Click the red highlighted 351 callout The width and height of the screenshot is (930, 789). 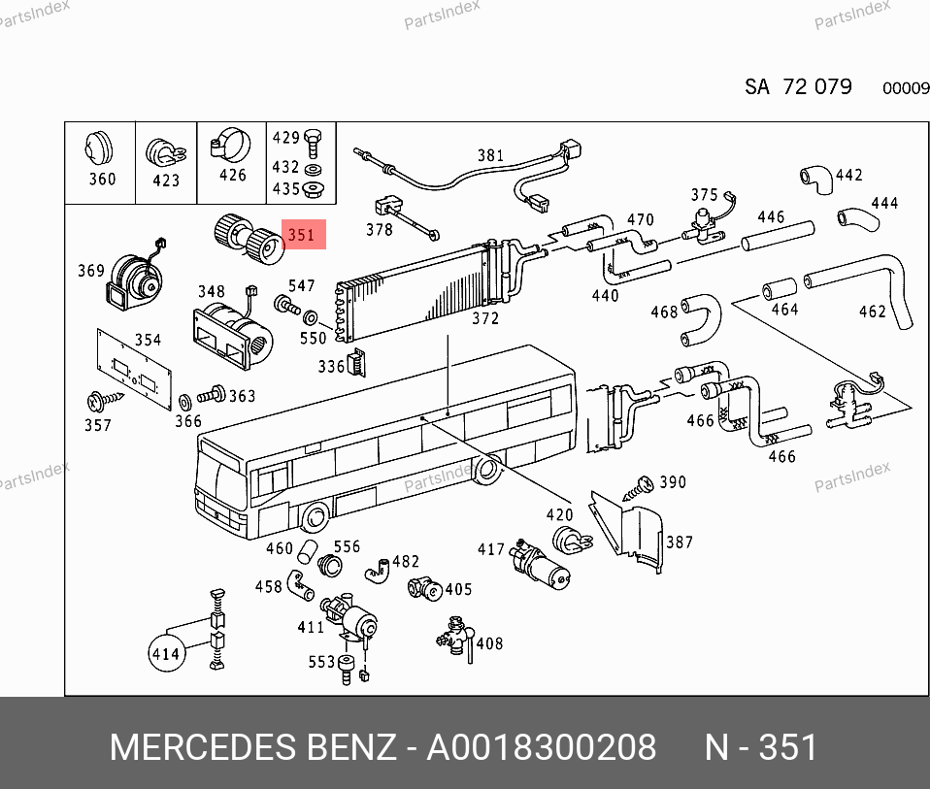(304, 234)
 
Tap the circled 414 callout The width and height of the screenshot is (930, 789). (165, 653)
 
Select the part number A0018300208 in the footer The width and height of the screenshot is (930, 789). (542, 747)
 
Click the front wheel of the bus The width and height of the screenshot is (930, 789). (315, 517)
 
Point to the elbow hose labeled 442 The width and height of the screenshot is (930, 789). (816, 179)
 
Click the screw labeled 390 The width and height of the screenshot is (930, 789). (638, 488)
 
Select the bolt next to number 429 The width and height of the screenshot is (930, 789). (313, 143)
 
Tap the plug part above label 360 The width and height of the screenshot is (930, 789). (98, 148)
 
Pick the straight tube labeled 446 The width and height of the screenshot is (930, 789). (778, 236)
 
